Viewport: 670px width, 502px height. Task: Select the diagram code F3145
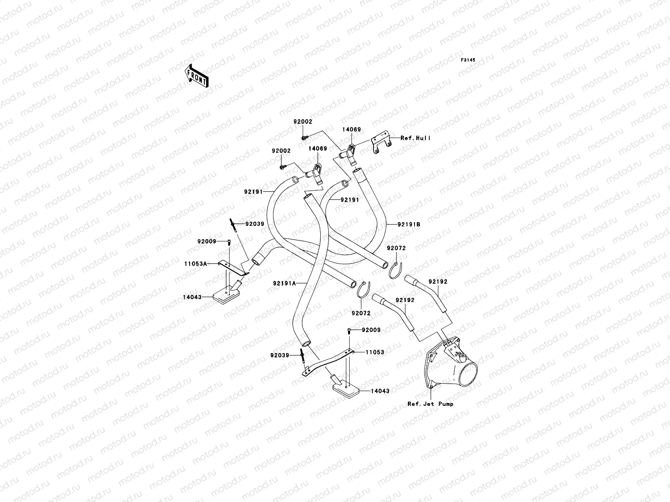[469, 60]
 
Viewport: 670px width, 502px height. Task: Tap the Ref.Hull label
[415, 138]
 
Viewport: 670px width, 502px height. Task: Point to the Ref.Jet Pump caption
[430, 404]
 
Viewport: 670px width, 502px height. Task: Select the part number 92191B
[409, 224]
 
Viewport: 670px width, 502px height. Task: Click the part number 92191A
[284, 283]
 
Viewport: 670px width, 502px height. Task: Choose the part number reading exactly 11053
[375, 352]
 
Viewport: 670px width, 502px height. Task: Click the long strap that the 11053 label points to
[331, 361]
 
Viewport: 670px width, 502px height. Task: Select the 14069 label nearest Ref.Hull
[352, 130]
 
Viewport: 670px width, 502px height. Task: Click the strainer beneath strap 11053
[345, 388]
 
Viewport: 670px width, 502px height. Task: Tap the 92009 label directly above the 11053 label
[371, 330]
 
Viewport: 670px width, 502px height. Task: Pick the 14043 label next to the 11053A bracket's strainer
[192, 297]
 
